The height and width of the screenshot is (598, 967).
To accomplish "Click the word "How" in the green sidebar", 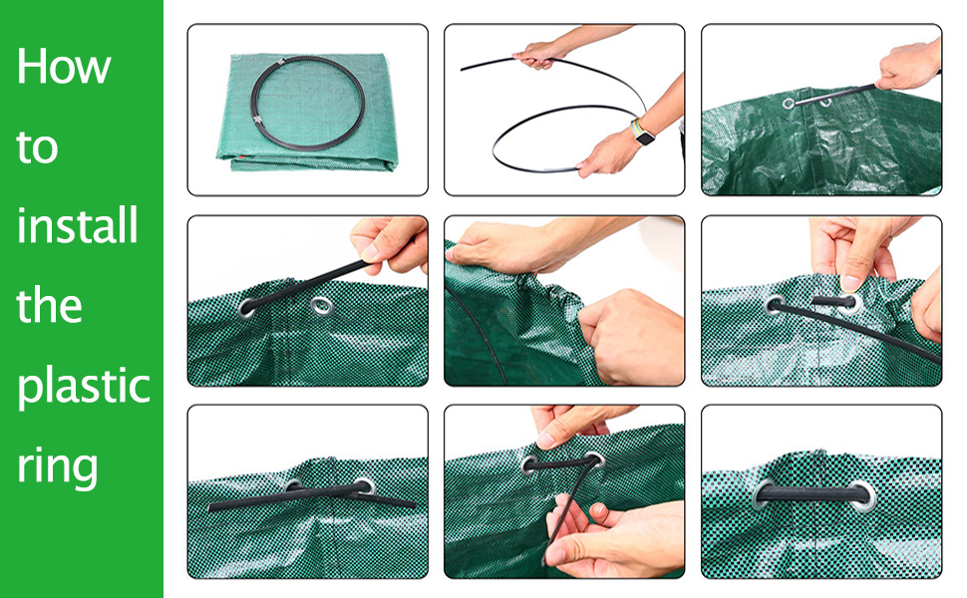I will coord(64,67).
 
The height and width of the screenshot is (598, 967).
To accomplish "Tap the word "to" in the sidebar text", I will coord(38,148).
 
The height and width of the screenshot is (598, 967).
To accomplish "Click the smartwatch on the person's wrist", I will coord(645,135).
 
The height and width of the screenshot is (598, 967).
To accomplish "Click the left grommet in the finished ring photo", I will coord(768,490).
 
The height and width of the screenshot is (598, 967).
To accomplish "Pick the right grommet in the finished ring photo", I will coord(859,491).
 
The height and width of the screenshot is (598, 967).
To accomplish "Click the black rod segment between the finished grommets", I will coord(812,491).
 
